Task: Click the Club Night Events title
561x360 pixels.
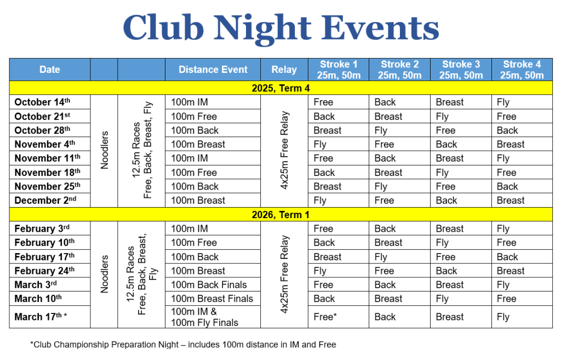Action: click(x=280, y=27)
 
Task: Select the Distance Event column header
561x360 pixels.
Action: click(x=213, y=70)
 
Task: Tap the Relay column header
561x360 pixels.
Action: click(x=284, y=70)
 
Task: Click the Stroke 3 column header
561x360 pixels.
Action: click(x=461, y=70)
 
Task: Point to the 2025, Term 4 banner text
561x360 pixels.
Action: click(x=280, y=88)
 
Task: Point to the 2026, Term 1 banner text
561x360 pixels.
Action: click(x=280, y=215)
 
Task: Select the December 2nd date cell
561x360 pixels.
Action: click(x=45, y=201)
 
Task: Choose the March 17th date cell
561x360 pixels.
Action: click(x=41, y=317)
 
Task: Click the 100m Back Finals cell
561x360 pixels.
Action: click(x=209, y=285)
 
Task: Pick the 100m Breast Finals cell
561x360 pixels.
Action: click(x=212, y=299)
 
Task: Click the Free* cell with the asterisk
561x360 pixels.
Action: click(x=325, y=317)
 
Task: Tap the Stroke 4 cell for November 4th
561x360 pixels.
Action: click(x=511, y=144)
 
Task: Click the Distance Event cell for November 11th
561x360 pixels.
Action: click(x=190, y=158)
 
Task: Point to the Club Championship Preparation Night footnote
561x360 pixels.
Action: click(x=183, y=345)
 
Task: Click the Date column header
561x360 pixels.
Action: click(x=49, y=70)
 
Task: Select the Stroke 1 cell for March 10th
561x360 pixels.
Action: click(x=324, y=299)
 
